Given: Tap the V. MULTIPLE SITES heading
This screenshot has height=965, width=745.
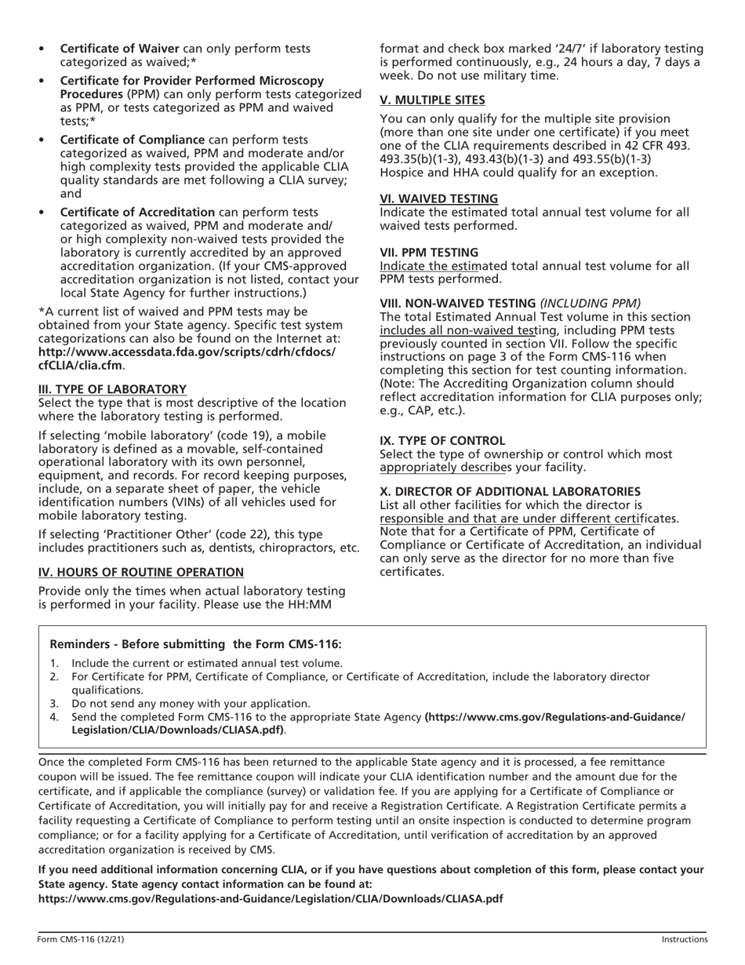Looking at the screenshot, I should pos(432,100).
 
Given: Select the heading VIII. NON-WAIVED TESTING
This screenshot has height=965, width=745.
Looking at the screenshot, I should pos(457,303).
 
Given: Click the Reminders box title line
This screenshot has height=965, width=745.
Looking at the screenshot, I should pos(196,644).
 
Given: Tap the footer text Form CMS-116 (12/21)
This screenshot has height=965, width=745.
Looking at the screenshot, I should pos(80,938).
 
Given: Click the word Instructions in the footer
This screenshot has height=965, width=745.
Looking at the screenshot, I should pos(684,938).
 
